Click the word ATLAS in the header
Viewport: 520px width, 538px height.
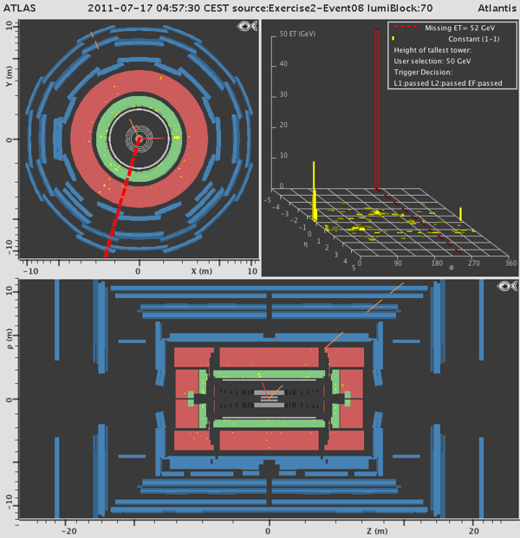click(20, 8)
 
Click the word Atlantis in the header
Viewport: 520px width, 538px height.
click(497, 8)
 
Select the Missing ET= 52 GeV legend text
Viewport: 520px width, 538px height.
click(460, 28)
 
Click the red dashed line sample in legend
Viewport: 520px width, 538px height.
click(406, 26)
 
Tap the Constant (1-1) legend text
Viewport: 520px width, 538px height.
click(474, 39)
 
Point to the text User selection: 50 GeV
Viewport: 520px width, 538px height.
click(432, 61)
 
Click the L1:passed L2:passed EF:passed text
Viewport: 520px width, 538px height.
click(448, 83)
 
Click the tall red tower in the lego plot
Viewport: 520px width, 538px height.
click(376, 109)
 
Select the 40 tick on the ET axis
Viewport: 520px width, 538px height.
click(283, 64)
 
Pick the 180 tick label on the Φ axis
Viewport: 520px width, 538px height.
click(437, 263)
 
